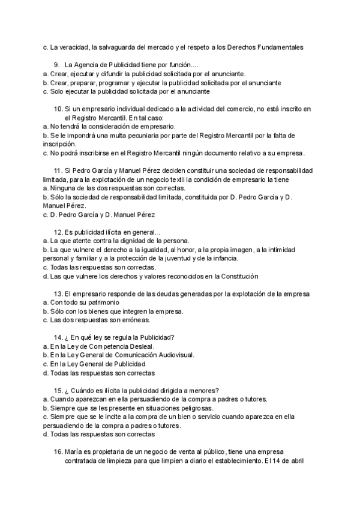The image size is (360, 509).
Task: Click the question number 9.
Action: point(56,64)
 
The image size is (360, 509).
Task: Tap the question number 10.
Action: point(58,109)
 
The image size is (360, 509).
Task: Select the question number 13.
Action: point(58,294)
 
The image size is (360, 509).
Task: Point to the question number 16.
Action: point(58,451)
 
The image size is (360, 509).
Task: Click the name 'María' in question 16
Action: point(75,451)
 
